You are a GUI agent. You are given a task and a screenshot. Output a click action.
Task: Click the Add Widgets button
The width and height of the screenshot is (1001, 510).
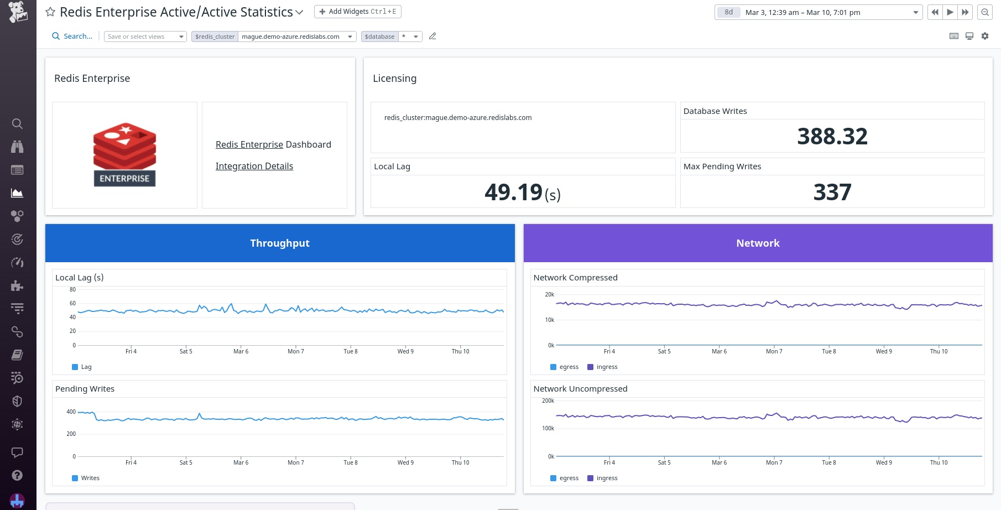(x=358, y=12)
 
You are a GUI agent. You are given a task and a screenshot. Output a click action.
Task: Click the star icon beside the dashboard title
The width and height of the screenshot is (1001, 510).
(x=50, y=12)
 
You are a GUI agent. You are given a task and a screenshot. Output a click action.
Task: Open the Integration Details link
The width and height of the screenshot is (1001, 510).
(x=254, y=166)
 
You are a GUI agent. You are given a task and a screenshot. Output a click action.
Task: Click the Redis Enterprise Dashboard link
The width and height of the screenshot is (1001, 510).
(x=273, y=144)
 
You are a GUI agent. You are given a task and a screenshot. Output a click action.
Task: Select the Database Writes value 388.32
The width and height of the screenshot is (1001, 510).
(x=832, y=136)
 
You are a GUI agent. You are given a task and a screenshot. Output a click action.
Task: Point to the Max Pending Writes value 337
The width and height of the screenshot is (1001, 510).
(x=832, y=192)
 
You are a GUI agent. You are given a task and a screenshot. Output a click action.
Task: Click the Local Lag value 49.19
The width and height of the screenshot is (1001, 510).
(x=514, y=192)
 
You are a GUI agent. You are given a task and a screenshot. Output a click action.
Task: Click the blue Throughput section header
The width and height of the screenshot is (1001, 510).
(x=280, y=243)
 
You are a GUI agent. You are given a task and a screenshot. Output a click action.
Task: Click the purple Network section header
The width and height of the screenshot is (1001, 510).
(x=758, y=243)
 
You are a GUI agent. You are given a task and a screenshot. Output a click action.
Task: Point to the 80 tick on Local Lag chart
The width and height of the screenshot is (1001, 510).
(x=72, y=289)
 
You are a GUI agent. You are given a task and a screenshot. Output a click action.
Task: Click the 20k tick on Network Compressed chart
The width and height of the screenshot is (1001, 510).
(x=549, y=294)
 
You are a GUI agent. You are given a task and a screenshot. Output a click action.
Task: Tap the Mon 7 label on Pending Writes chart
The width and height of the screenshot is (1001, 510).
(x=296, y=462)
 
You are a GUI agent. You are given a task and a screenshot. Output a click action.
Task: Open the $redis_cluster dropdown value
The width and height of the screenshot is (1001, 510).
(x=297, y=37)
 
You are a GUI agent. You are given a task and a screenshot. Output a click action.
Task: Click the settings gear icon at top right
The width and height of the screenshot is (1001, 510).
(x=985, y=36)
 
